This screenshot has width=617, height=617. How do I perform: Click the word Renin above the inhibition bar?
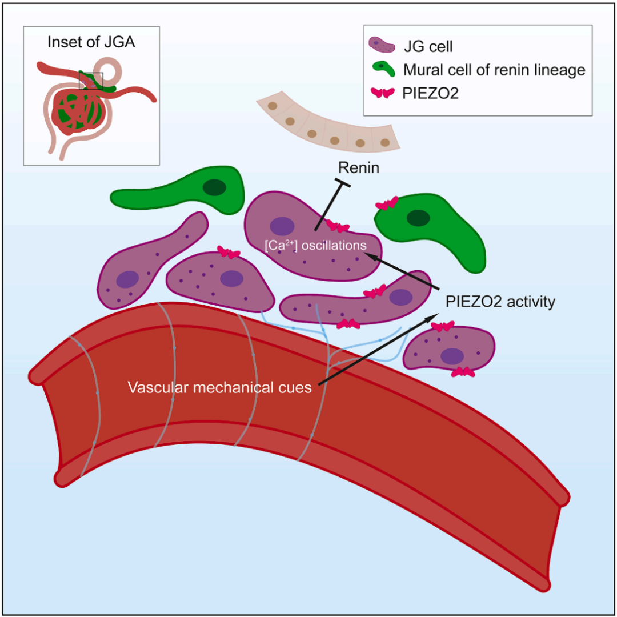coord(358,167)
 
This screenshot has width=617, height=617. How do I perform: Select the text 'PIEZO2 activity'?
coord(500,302)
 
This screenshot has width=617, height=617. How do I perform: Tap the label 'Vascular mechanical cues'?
coord(220,388)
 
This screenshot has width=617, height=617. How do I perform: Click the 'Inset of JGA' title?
coord(91,42)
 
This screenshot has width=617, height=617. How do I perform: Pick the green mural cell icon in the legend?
coord(383,70)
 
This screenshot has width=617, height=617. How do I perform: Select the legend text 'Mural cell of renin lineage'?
coord(494,70)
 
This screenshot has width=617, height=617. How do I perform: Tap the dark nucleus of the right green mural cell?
coord(418,218)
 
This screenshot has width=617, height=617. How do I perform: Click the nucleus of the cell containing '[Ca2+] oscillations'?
coord(282,226)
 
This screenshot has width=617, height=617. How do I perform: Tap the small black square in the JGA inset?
coord(91,81)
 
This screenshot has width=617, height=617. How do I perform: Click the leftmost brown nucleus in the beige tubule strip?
coord(274,106)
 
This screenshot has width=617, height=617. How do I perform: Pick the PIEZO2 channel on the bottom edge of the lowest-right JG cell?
coord(462,372)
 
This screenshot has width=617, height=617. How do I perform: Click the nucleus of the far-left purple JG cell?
coord(127,279)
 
